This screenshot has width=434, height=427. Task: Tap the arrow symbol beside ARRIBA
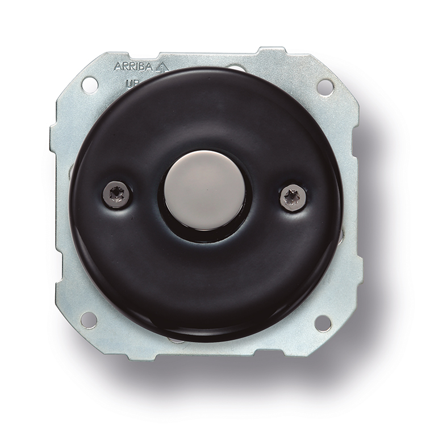tap(162, 66)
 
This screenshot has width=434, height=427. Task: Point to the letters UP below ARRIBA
tap(130, 83)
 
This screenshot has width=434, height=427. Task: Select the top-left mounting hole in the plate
tap(89, 85)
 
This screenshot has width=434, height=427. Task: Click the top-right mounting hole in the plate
tap(325, 86)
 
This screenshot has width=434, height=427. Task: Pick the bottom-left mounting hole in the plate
tap(89, 320)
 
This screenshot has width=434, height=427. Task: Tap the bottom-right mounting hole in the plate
tap(323, 323)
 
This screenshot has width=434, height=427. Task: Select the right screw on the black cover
tap(293, 197)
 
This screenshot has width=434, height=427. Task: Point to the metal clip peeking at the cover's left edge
tap(72, 170)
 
